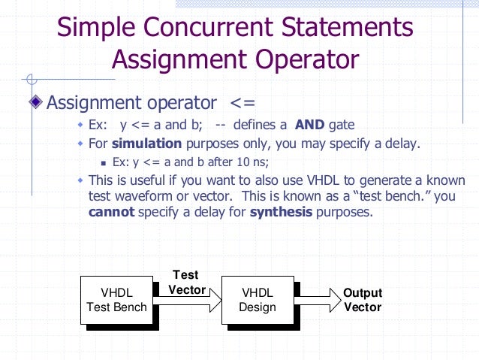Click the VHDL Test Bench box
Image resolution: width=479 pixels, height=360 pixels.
point(116,299)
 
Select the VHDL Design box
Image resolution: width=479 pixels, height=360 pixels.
point(257,299)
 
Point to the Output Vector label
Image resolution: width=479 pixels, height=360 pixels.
point(363,300)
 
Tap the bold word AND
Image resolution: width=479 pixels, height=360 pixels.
point(310,124)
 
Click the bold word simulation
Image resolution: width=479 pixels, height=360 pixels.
point(147,143)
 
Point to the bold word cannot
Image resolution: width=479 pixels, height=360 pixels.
point(111,211)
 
